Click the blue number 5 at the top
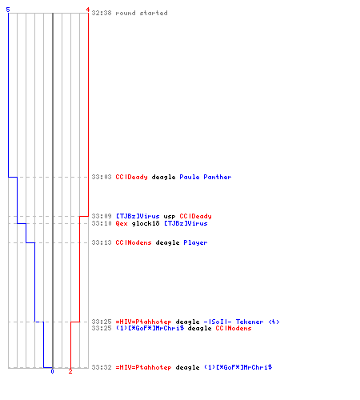click(8, 10)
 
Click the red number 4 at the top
click(88, 10)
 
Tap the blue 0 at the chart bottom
click(52, 371)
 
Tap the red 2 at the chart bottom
click(70, 371)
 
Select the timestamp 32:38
click(102, 13)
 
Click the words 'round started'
click(142, 13)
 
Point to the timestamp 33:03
click(102, 177)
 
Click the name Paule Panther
click(206, 177)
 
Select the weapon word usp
click(170, 216)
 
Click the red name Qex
click(122, 223)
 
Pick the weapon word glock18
click(146, 223)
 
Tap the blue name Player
click(195, 242)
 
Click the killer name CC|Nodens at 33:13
click(134, 242)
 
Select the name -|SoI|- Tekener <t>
click(242, 322)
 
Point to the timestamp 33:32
click(102, 367)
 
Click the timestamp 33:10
click(102, 223)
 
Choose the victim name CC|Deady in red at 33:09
click(195, 216)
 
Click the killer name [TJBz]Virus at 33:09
click(138, 216)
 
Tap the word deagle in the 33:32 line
click(187, 367)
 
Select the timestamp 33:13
click(102, 242)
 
